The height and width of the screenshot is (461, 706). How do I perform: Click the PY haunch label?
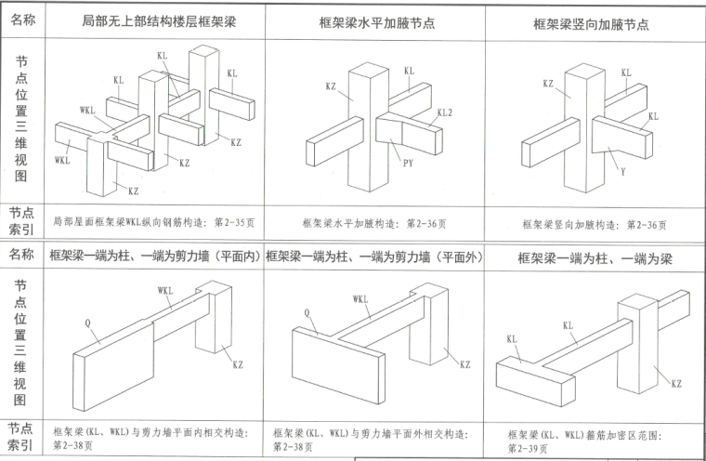[407, 165]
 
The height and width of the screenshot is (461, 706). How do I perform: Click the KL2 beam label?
[444, 112]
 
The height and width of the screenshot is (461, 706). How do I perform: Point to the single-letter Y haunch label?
[621, 171]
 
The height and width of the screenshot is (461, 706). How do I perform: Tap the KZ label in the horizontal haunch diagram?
[330, 86]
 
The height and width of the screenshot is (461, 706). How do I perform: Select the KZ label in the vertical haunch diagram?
[548, 84]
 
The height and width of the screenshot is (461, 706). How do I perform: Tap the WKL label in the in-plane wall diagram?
[165, 290]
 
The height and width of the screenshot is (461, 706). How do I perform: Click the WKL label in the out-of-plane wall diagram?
[360, 299]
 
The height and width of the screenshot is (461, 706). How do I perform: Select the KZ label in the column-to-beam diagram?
[676, 383]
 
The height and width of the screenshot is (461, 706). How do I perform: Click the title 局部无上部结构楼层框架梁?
[159, 20]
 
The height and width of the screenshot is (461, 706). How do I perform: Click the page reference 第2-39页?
[527, 447]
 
